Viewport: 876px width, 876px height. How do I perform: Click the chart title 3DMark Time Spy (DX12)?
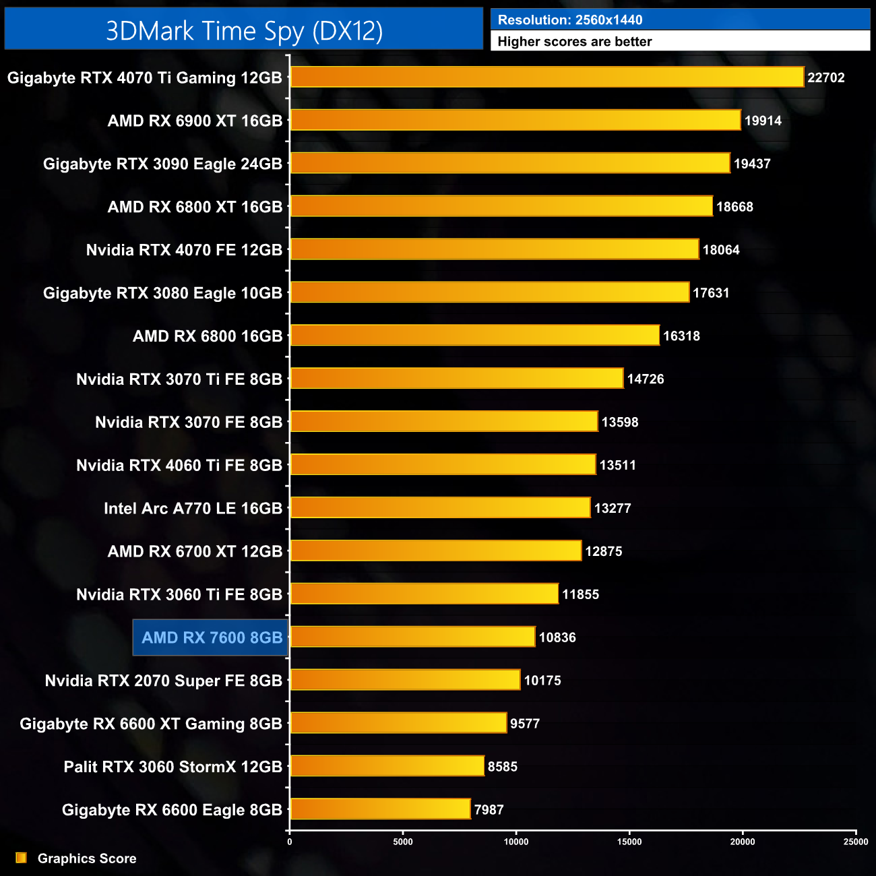244,31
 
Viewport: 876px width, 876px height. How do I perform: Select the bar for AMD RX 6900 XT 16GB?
515,120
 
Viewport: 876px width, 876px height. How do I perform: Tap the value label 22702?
825,77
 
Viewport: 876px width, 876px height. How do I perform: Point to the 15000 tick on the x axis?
629,841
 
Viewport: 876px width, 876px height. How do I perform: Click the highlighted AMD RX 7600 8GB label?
211,637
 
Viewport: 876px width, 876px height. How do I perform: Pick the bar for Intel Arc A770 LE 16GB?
440,507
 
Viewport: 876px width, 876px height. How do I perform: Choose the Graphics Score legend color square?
21,858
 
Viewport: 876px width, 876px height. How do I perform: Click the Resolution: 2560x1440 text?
570,20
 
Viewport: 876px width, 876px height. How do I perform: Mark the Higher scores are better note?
574,42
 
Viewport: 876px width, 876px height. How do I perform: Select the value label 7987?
489,809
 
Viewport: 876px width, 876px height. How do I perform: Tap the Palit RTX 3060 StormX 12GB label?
173,767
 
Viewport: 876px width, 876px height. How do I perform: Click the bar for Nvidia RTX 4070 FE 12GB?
494,249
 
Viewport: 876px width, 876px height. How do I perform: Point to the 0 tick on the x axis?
290,841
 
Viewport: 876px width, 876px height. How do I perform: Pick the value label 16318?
681,336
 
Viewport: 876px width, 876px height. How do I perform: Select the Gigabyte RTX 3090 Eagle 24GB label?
162,164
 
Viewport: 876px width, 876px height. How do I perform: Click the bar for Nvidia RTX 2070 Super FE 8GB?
405,680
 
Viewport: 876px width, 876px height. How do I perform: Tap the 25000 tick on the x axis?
856,841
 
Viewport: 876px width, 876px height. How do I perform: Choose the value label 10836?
557,637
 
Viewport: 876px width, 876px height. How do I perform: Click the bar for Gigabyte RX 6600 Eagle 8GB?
380,809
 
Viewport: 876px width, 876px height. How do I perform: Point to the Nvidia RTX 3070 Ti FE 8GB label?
179,379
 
